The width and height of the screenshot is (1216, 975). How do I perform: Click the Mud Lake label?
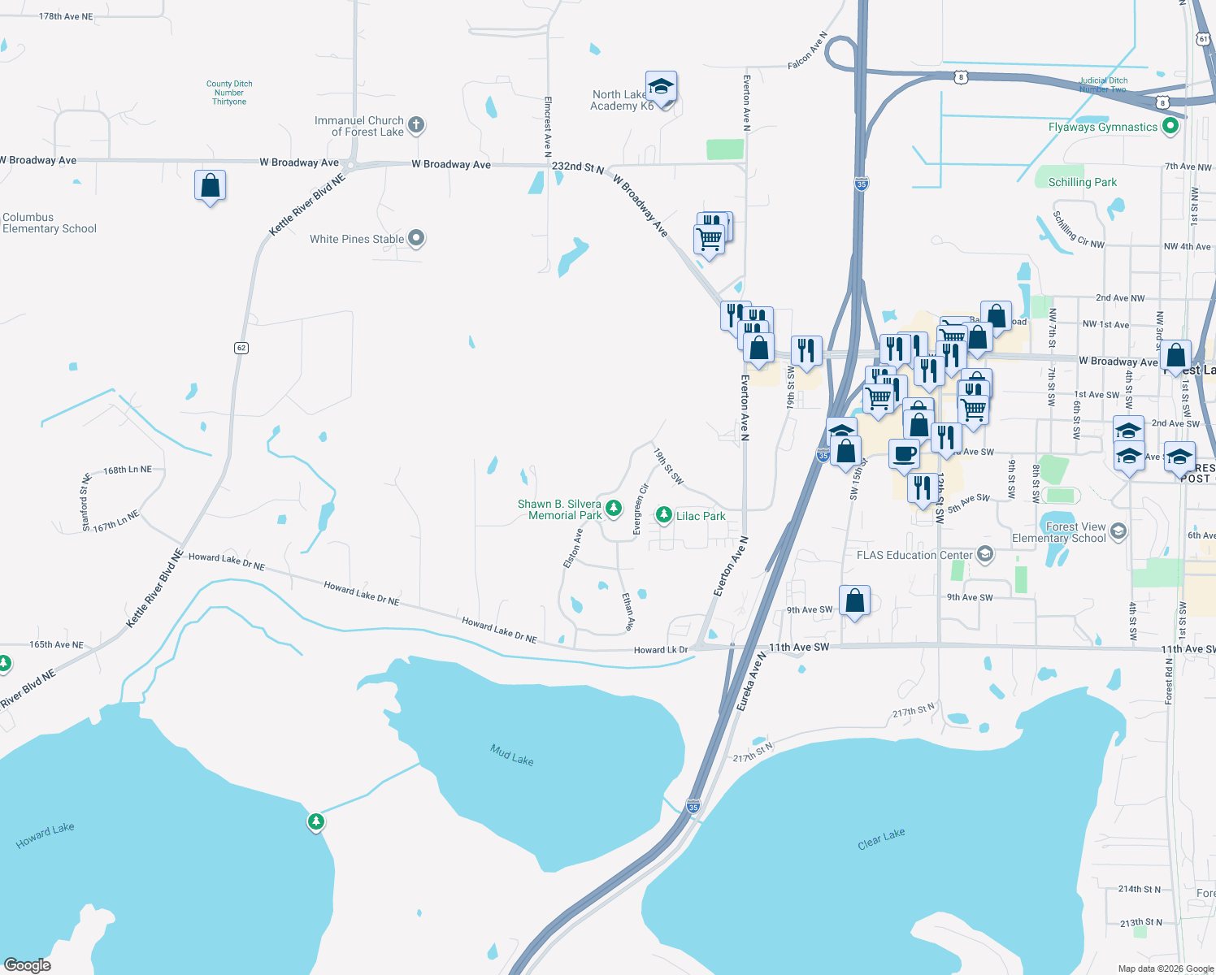click(512, 755)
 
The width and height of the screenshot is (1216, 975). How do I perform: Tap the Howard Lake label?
click(45, 835)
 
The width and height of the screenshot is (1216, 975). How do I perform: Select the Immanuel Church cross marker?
click(416, 125)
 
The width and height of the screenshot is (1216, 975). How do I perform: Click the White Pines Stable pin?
click(416, 238)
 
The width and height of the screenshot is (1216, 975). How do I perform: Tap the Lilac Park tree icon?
click(664, 514)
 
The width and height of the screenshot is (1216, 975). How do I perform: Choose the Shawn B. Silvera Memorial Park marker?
click(614, 509)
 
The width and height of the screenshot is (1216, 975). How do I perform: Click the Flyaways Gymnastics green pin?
click(1170, 126)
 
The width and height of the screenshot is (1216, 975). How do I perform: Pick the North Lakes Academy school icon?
click(662, 87)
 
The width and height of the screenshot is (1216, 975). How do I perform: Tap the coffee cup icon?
click(904, 453)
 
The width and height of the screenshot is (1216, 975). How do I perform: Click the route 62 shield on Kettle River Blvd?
click(241, 348)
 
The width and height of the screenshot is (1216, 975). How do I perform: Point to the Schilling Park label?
click(1082, 182)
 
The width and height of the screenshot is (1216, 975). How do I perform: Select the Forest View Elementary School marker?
click(1118, 531)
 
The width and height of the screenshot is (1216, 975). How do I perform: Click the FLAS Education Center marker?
click(986, 555)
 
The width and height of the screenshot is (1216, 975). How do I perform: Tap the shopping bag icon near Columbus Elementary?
click(210, 185)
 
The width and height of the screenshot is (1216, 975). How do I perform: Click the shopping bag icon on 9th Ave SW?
click(854, 601)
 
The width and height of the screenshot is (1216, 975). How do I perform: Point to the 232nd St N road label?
click(577, 167)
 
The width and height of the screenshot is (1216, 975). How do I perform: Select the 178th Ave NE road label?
click(66, 16)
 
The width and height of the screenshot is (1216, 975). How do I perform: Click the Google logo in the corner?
click(28, 964)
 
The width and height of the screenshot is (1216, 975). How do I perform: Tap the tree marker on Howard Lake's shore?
click(316, 821)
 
